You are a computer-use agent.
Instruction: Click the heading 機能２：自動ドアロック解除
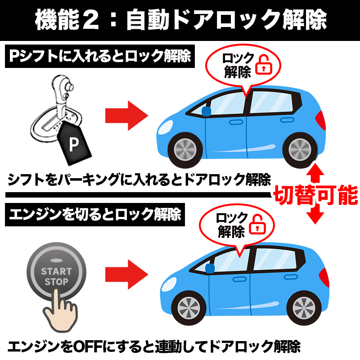(180, 21)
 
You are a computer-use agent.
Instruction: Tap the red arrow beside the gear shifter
(126, 116)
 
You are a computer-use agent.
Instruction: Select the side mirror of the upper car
(207, 111)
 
